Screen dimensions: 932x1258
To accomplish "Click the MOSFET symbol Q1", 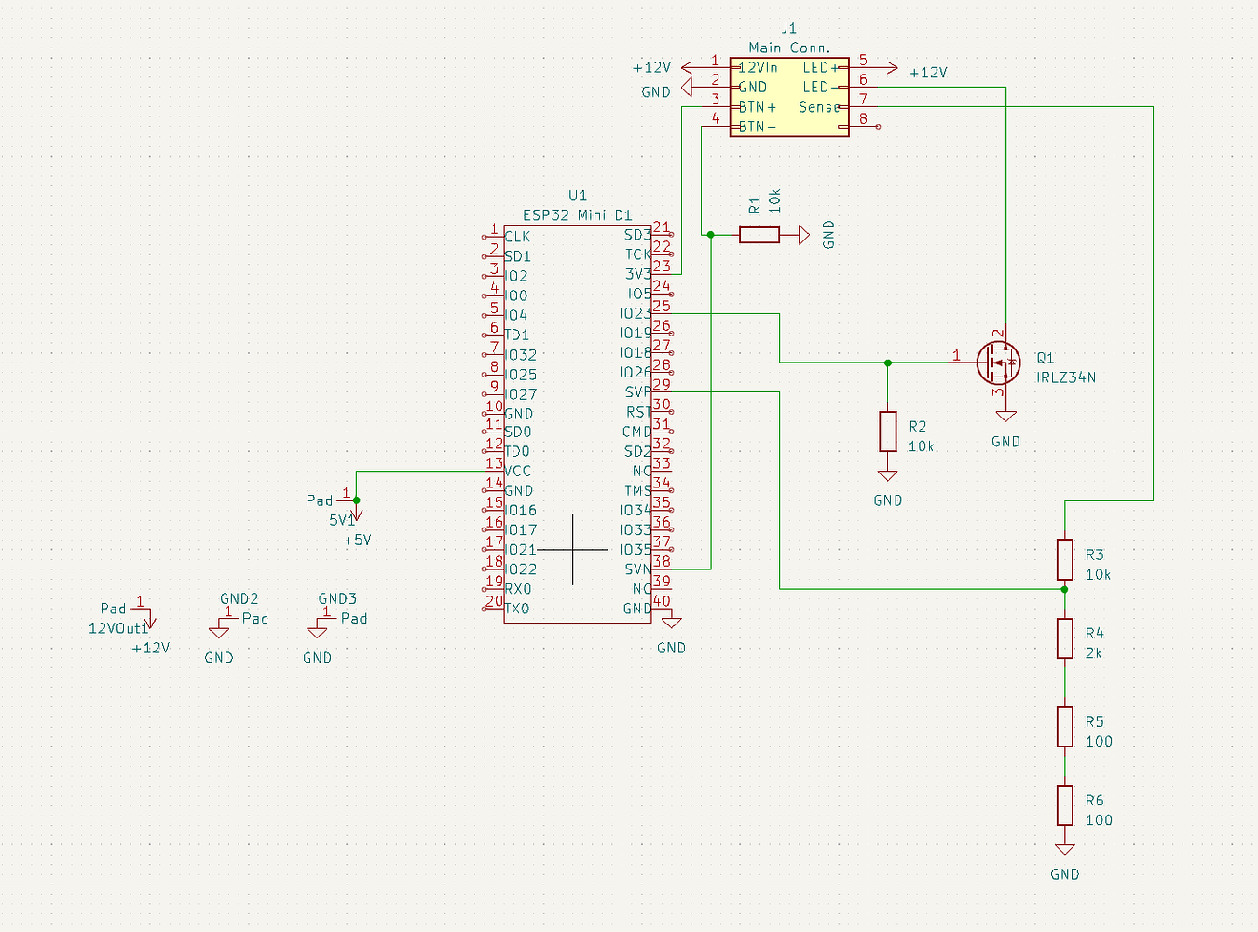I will (997, 363).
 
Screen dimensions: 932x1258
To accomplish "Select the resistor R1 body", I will (759, 235).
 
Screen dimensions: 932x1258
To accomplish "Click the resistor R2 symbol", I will (887, 432).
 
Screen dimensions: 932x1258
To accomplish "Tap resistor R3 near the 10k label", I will (1064, 559).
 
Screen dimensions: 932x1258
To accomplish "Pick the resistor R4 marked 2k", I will (1064, 638).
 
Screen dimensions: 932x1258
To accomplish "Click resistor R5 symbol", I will (1064, 727).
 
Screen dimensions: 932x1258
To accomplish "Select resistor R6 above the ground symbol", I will (1064, 805).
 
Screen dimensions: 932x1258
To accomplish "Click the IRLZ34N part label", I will (1065, 377).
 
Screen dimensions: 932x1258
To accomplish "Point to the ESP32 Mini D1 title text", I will (577, 215).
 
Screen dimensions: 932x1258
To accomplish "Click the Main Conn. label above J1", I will (788, 48).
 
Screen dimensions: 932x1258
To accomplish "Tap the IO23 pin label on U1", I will (636, 314).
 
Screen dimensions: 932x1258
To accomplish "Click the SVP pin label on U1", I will (637, 392).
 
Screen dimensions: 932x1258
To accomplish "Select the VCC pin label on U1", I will (517, 471).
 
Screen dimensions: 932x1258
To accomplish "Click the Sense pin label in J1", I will (819, 107).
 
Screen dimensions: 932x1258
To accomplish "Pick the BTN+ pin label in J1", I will (757, 107).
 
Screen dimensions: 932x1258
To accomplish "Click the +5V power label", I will (357, 541).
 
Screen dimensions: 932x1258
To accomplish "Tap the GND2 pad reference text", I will (239, 599).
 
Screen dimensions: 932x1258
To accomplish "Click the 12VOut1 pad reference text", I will (118, 628).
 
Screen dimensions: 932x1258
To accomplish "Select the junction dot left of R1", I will (710, 235).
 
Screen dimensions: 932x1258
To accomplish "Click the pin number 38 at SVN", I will (662, 561).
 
